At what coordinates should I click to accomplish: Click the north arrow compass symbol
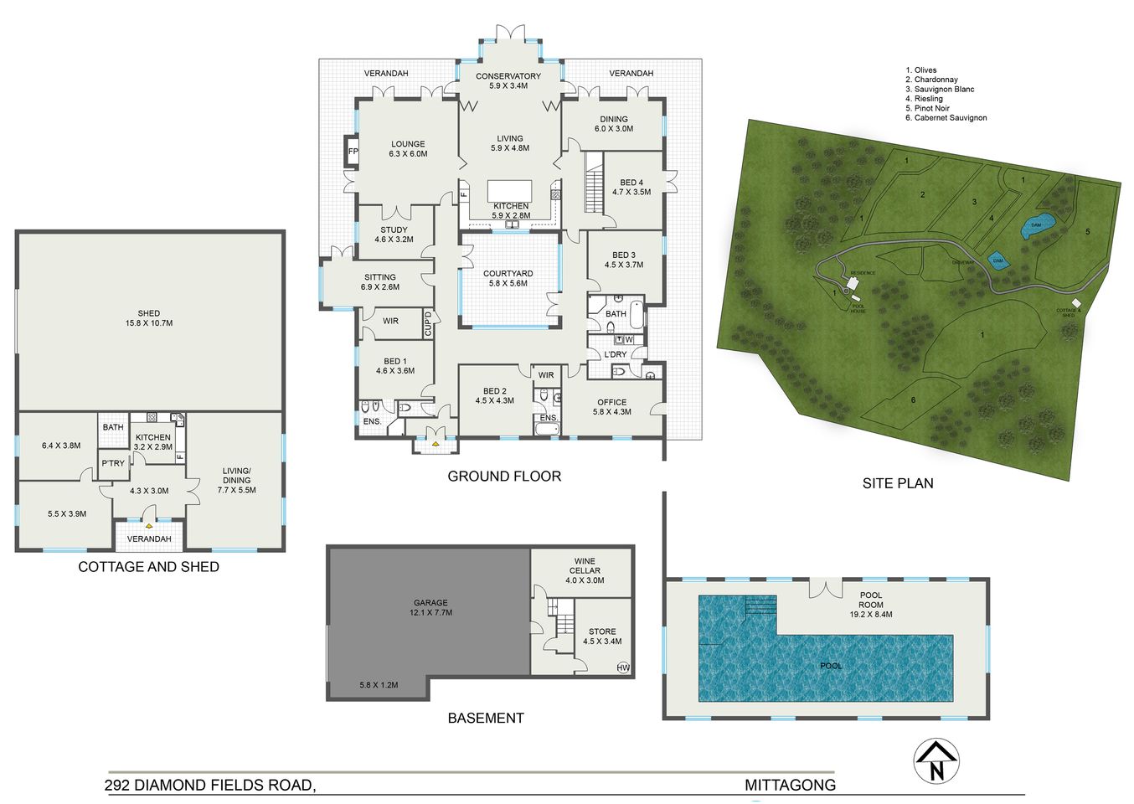936,761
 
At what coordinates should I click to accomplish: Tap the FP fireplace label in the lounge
353,152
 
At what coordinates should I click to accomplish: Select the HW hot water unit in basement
622,667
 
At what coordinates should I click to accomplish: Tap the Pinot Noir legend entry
927,108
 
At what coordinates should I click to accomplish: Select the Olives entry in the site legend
920,70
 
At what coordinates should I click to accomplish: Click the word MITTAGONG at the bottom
790,785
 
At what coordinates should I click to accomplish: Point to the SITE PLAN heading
898,483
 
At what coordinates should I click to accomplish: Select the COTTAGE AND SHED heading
148,567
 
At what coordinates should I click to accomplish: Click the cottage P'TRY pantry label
113,463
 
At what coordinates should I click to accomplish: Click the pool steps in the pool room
760,606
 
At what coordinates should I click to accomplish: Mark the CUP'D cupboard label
428,324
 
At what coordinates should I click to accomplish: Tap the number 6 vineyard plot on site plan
913,400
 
